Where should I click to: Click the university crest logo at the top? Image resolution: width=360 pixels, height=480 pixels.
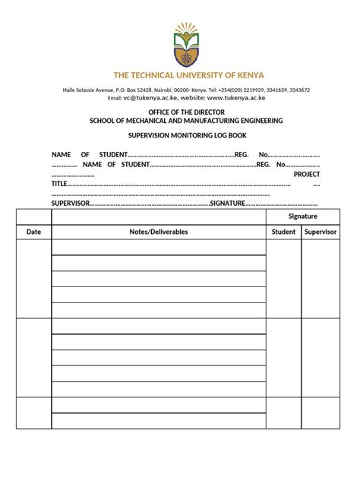pyautogui.click(x=185, y=45)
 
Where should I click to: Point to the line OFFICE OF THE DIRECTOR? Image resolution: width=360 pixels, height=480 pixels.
pyautogui.click(x=186, y=112)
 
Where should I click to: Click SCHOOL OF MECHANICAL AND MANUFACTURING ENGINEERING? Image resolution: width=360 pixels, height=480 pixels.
pyautogui.click(x=186, y=121)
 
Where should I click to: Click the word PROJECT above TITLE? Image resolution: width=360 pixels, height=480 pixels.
pyautogui.click(x=307, y=174)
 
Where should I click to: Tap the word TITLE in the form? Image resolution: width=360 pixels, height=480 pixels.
pyautogui.click(x=59, y=184)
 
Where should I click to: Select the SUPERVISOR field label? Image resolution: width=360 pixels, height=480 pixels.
pyautogui.click(x=71, y=204)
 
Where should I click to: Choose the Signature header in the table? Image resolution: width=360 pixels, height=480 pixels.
pyautogui.click(x=302, y=216)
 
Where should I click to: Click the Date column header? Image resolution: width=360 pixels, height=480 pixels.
pyautogui.click(x=33, y=232)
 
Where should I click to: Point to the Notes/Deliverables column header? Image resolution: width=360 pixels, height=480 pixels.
pyautogui.click(x=158, y=232)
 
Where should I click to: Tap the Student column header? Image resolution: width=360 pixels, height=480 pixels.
pyautogui.click(x=284, y=232)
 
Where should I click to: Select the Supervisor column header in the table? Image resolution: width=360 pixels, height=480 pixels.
pyautogui.click(x=321, y=232)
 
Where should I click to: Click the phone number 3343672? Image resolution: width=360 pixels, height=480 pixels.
pyautogui.click(x=297, y=90)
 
